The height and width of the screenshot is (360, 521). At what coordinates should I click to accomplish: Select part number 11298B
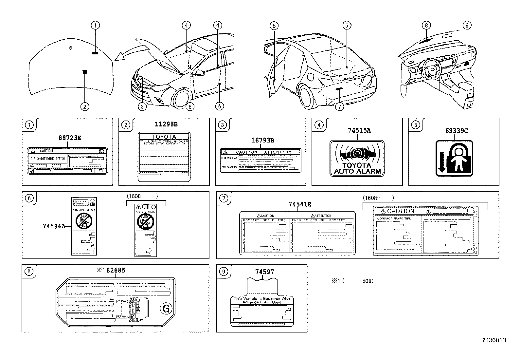pos(166,124)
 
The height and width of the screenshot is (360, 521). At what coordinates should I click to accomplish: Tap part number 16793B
pos(262,141)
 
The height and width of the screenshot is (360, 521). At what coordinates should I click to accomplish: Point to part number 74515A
pos(359,130)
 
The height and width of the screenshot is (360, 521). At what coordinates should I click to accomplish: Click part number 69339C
pos(456,131)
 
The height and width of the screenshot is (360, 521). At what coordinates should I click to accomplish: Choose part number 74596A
pos(54,226)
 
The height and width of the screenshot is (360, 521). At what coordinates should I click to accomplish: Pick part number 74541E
pos(300,204)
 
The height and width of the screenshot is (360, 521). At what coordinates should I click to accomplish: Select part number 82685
pos(116,270)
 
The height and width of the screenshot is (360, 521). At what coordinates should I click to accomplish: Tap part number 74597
pos(264,272)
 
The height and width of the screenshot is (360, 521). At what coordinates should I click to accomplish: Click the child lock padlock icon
pos(455,159)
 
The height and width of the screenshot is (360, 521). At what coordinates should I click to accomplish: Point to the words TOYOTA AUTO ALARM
pos(357,168)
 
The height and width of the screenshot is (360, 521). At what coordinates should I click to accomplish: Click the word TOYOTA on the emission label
pos(164,137)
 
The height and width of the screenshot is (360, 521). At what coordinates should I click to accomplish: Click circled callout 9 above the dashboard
pos(467,25)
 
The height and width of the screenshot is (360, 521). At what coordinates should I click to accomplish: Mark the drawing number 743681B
pos(494,340)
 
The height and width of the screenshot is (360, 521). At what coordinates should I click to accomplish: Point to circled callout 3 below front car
pos(141,106)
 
